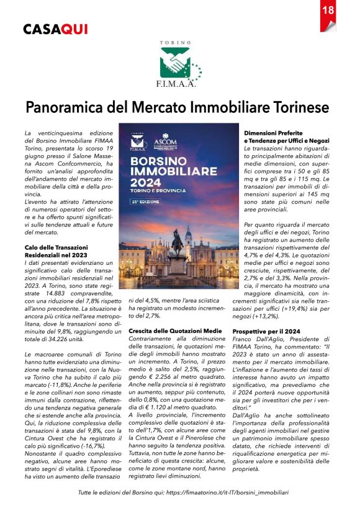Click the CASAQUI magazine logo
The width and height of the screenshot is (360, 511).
click(55, 29)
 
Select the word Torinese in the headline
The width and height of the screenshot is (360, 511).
click(297, 107)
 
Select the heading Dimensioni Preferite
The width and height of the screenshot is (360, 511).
click(273, 133)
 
